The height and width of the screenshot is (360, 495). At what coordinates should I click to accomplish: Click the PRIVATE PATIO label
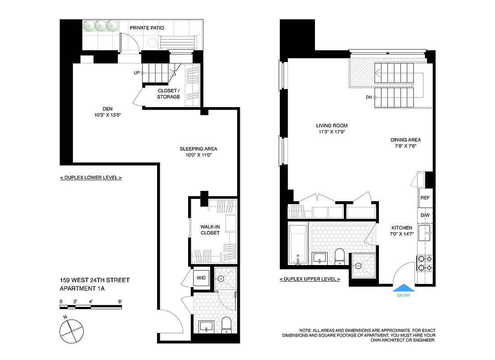click(x=147, y=28)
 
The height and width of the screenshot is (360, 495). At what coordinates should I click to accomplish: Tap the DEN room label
click(x=107, y=109)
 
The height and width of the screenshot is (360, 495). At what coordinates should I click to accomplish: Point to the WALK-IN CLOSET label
click(x=210, y=229)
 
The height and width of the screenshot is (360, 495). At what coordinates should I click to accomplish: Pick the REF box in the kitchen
click(x=424, y=198)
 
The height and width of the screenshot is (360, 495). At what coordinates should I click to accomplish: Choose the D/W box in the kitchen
click(x=425, y=215)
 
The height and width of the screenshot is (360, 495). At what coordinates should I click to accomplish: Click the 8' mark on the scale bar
click(x=120, y=301)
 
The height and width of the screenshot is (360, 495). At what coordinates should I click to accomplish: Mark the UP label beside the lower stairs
click(x=136, y=72)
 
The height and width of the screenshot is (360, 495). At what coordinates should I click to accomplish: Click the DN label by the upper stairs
click(x=369, y=97)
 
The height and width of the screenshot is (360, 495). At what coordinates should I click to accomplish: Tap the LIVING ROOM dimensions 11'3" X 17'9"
click(x=332, y=132)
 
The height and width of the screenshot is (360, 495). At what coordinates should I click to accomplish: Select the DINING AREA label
click(x=405, y=140)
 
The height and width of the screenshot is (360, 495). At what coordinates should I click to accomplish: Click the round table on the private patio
click(x=152, y=43)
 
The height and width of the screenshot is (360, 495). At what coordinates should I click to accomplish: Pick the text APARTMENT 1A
click(x=82, y=289)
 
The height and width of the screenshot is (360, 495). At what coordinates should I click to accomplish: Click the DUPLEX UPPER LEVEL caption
click(x=310, y=279)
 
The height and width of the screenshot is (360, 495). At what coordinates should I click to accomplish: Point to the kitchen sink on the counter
click(x=425, y=234)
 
